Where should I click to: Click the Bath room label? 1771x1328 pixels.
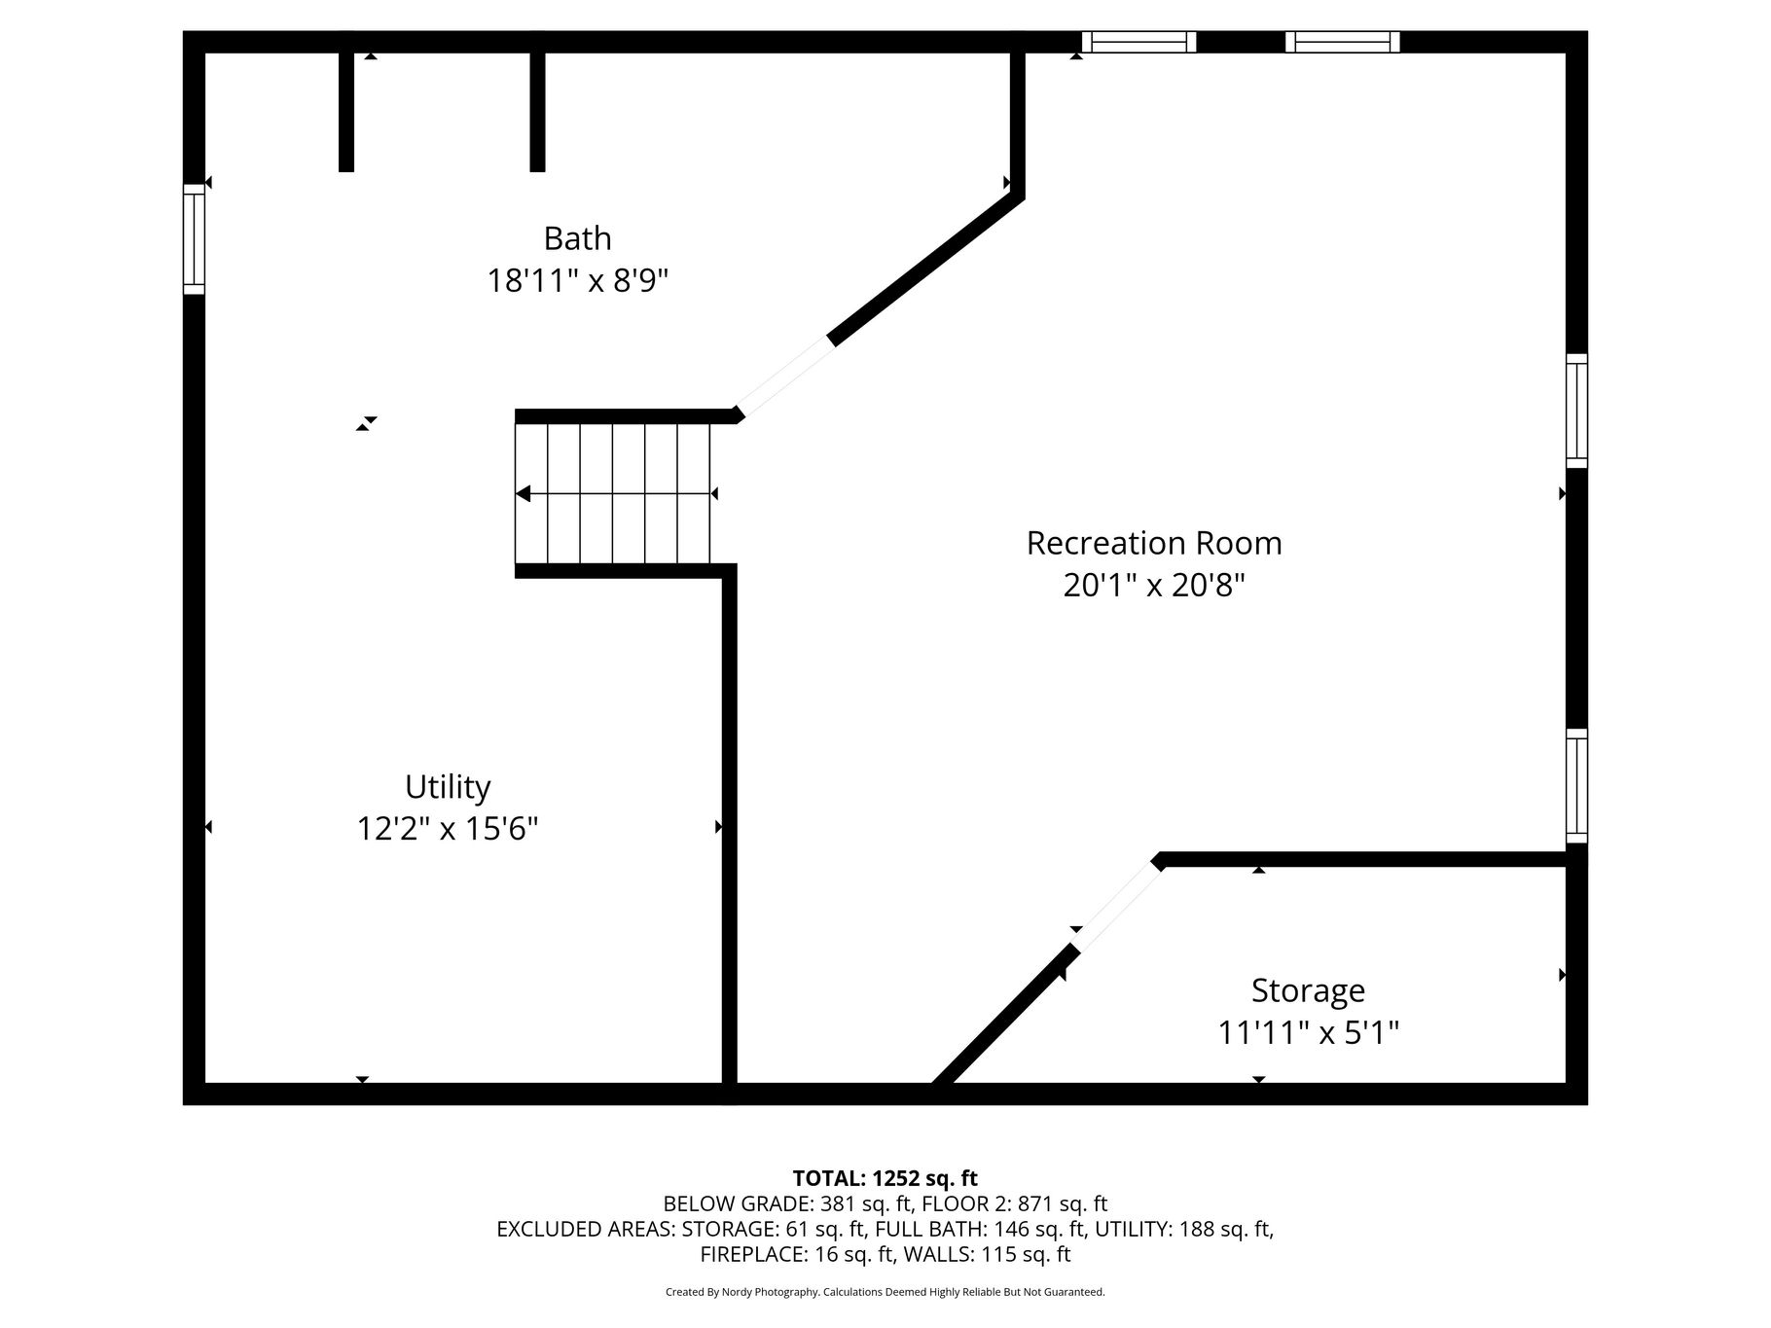click(x=577, y=238)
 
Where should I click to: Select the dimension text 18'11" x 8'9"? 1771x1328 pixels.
click(x=577, y=281)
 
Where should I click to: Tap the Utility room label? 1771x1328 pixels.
click(x=448, y=787)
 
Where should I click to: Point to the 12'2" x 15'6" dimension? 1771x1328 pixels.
click(x=448, y=829)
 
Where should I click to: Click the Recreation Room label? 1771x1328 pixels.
click(x=1154, y=543)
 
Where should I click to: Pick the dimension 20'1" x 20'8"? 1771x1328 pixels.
click(x=1154, y=586)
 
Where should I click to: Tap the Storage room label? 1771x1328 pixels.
click(x=1308, y=990)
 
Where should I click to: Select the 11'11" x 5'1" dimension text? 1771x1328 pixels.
click(x=1308, y=1032)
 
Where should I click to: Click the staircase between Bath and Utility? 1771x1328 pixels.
click(x=613, y=494)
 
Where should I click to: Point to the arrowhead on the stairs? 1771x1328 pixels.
click(x=523, y=494)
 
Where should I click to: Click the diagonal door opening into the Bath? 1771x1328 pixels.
click(x=785, y=377)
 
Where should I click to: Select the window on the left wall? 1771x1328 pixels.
click(x=195, y=239)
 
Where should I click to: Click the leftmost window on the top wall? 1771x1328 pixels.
click(x=1138, y=42)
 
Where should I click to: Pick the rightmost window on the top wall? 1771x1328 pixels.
click(x=1343, y=42)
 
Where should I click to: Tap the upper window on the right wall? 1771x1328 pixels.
click(x=1576, y=411)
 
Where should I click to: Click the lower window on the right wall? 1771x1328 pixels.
click(x=1576, y=786)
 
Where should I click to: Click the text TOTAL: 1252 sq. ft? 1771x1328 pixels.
click(x=885, y=1179)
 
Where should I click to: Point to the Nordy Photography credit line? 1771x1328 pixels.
click(x=885, y=1292)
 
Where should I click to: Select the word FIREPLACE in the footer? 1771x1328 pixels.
click(x=750, y=1255)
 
